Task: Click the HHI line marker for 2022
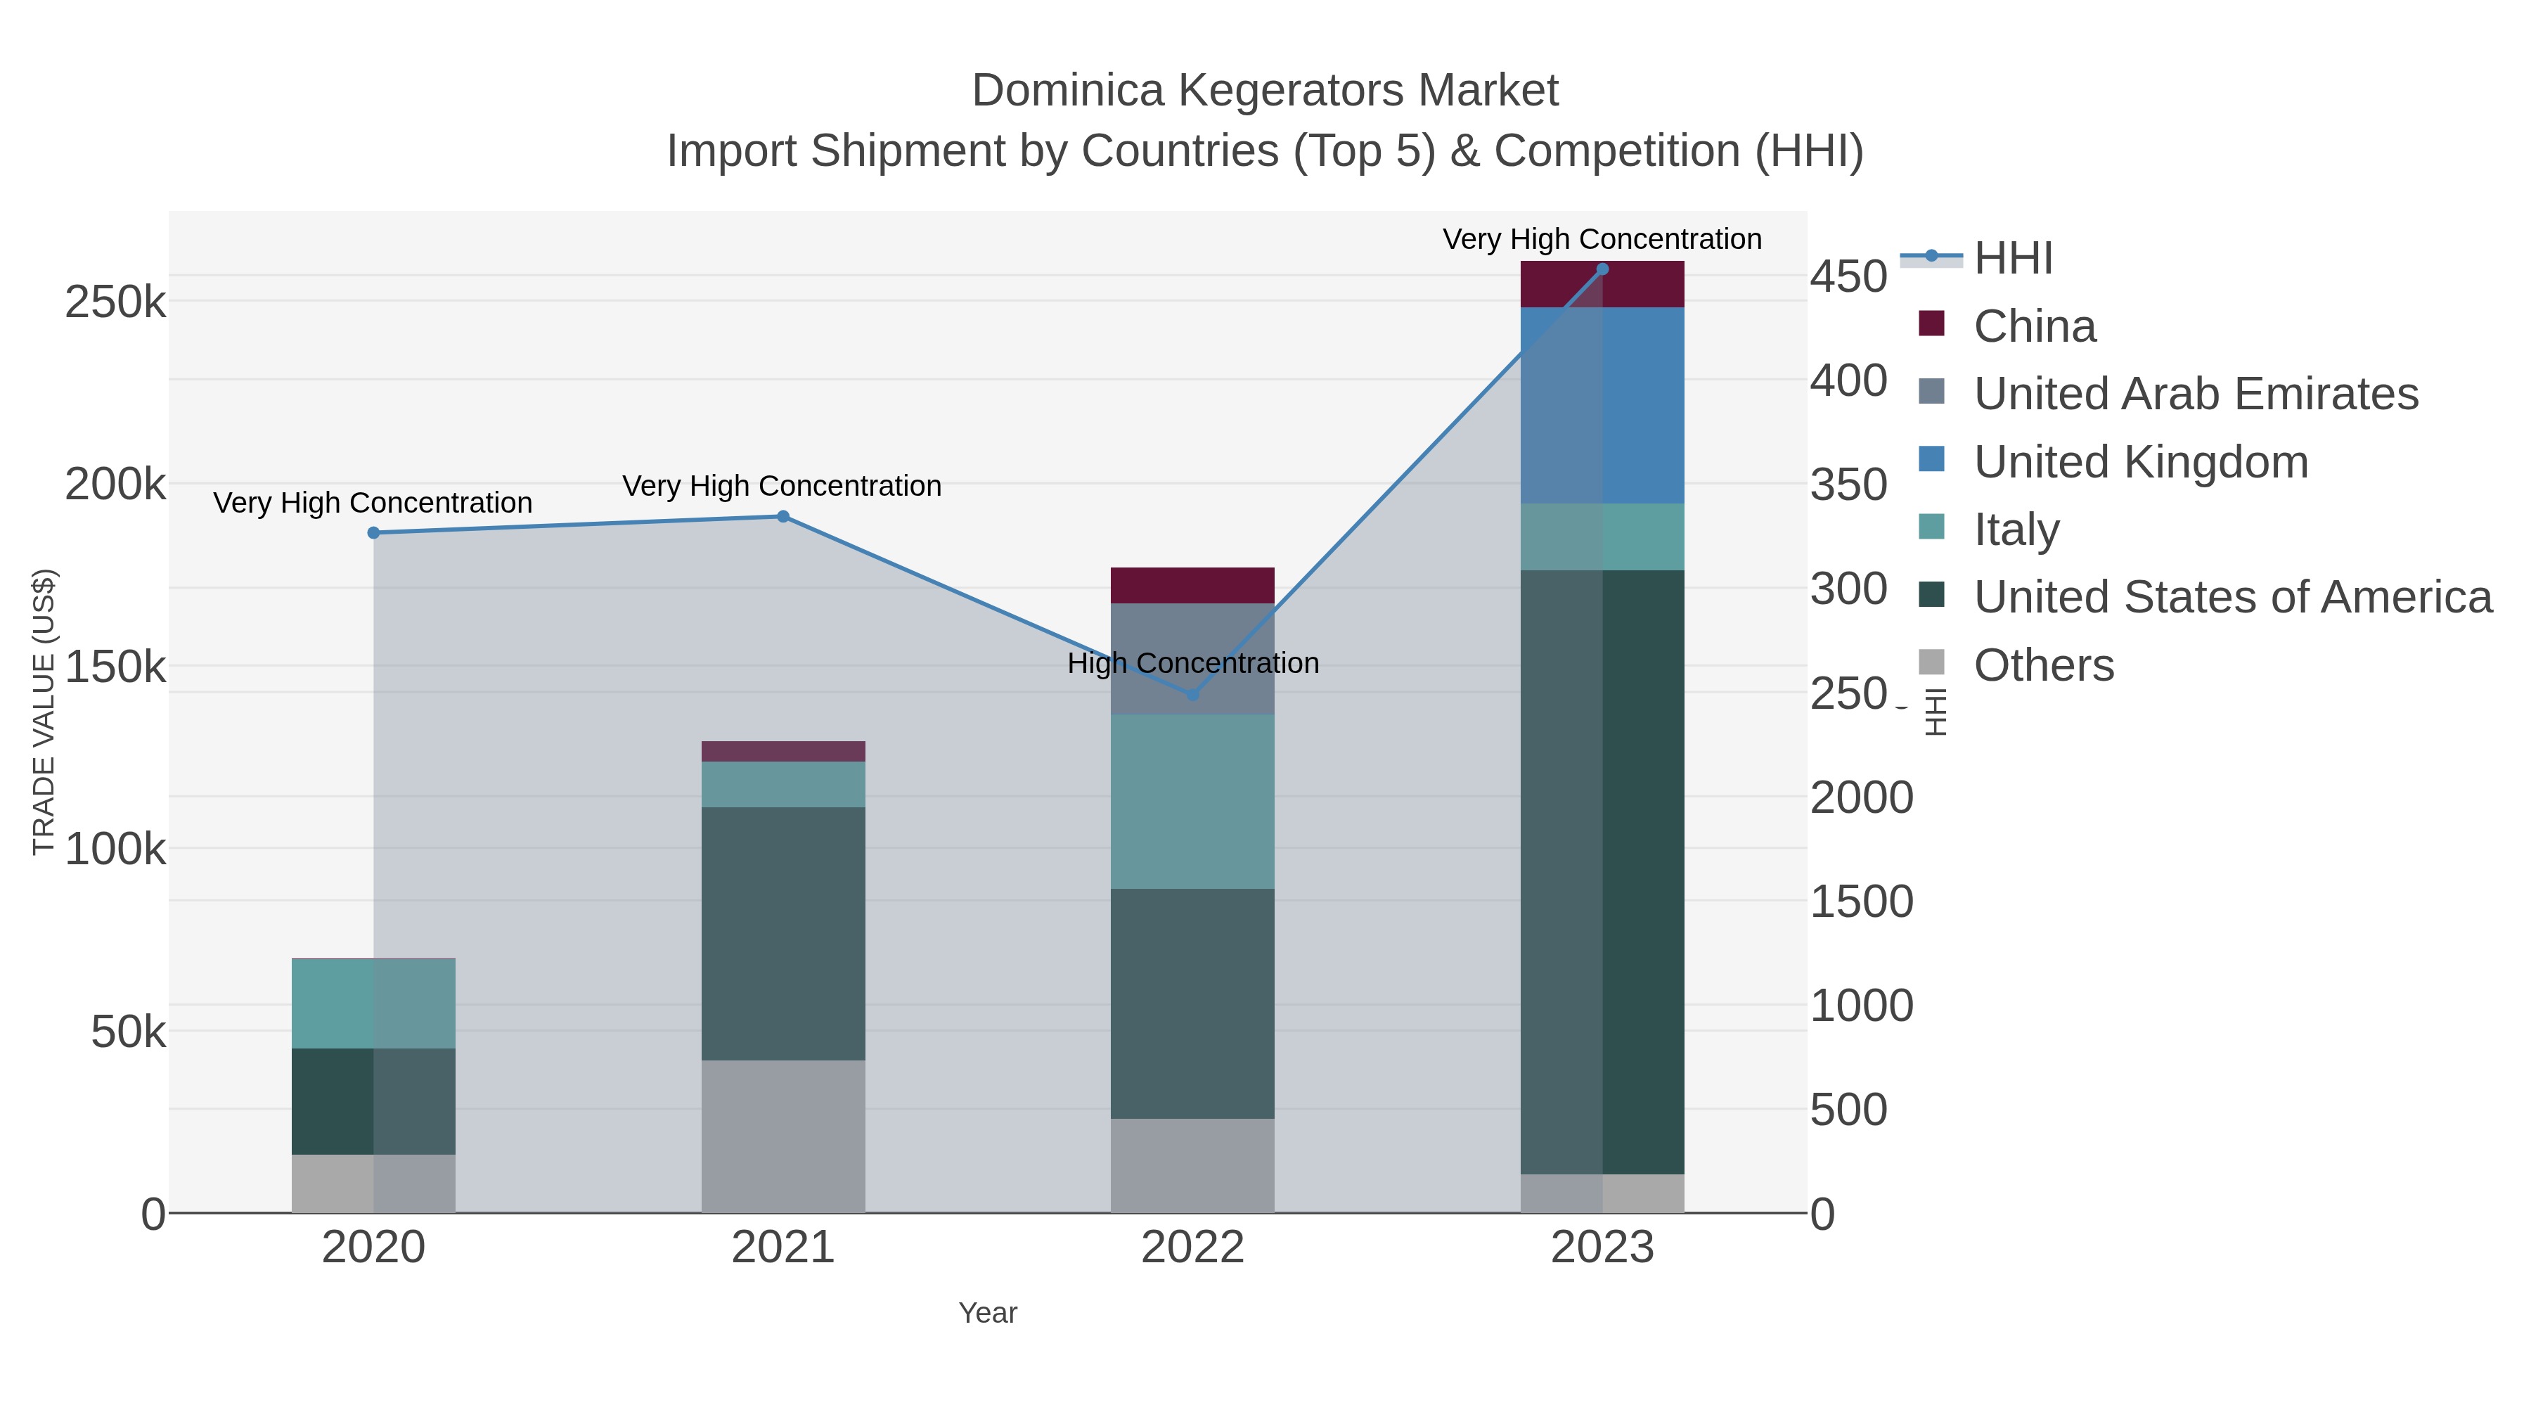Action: click(x=1193, y=695)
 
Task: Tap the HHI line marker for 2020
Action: click(x=373, y=532)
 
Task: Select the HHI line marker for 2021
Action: click(x=783, y=516)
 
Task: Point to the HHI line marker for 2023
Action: click(x=1602, y=269)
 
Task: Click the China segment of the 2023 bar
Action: click(x=1602, y=285)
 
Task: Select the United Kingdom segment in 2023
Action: click(x=1602, y=405)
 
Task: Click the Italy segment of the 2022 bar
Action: click(x=1193, y=801)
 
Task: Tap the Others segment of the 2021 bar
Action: click(x=783, y=1136)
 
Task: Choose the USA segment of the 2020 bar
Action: click(x=373, y=1101)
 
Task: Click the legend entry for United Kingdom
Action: click(x=2140, y=462)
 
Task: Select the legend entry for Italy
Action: click(x=2016, y=530)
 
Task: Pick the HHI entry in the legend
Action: click(x=2012, y=259)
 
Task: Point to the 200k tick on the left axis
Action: click(x=115, y=485)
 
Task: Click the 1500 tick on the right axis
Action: click(x=1861, y=902)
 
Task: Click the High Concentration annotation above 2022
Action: click(x=1193, y=663)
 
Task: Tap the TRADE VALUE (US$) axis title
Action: click(x=44, y=712)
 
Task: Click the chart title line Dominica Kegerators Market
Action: click(x=1265, y=91)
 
